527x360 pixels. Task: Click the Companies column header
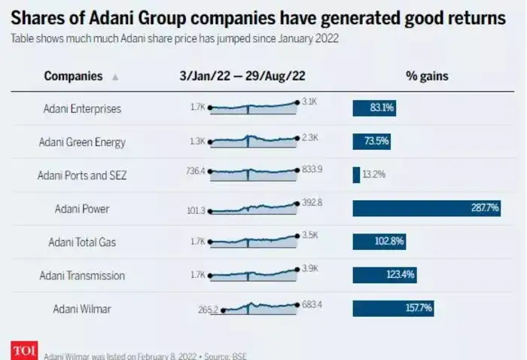pos(73,76)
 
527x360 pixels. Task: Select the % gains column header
pos(426,76)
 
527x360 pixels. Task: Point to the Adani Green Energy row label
pos(82,142)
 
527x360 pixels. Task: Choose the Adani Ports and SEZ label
pos(82,175)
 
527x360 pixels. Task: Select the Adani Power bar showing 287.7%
pos(427,208)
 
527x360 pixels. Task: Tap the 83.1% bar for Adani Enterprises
pos(374,108)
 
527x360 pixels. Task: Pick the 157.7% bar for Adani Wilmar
pos(393,308)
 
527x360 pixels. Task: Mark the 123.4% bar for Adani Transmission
pos(384,275)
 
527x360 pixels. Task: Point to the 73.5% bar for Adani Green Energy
pos(371,142)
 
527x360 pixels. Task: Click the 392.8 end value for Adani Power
pos(312,202)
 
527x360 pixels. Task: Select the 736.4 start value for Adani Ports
pos(196,171)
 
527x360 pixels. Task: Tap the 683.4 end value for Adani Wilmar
pos(312,304)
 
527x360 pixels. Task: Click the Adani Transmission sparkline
pos(254,273)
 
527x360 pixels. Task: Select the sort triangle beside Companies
pos(114,77)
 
